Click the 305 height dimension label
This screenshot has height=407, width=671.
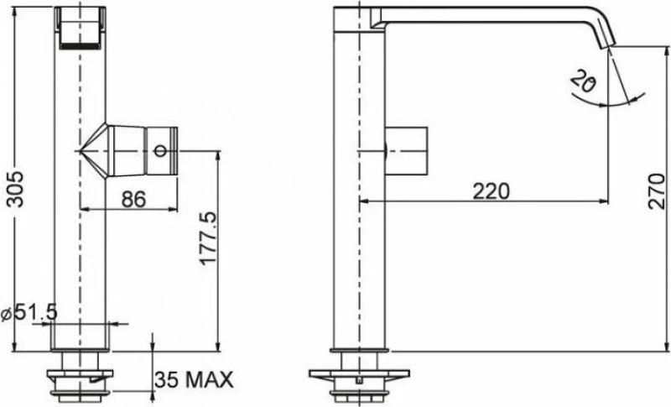tap(16, 190)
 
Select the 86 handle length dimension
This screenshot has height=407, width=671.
tap(133, 199)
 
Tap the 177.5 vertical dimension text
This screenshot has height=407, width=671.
tap(209, 238)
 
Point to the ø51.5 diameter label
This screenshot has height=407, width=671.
tap(29, 314)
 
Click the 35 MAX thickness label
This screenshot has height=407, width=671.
tap(194, 379)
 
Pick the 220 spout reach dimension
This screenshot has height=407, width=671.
tap(492, 191)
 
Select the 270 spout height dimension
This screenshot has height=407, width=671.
tap(657, 191)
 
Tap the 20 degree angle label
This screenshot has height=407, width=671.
tap(582, 81)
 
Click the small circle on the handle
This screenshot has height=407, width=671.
tap(160, 151)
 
